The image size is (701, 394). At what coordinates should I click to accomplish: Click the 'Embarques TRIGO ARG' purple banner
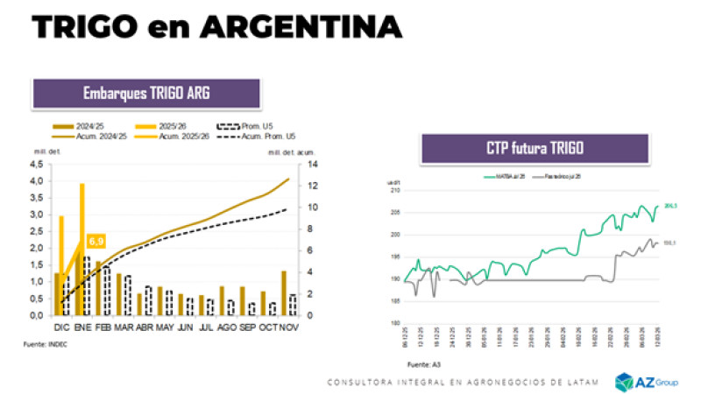[146, 93]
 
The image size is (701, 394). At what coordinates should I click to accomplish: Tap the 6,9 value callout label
[96, 240]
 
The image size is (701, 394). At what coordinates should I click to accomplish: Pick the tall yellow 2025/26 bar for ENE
[82, 249]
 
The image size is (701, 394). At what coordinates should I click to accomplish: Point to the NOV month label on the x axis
[288, 326]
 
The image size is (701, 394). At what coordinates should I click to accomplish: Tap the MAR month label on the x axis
[124, 326]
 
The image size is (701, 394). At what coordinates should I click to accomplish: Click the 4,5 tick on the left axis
[34, 164]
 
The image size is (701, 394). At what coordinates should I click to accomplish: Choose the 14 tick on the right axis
[313, 164]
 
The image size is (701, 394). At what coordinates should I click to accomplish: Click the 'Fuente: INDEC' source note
[45, 345]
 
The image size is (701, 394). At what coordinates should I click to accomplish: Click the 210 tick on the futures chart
[393, 189]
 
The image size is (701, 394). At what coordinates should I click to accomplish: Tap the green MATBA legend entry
[495, 176]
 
